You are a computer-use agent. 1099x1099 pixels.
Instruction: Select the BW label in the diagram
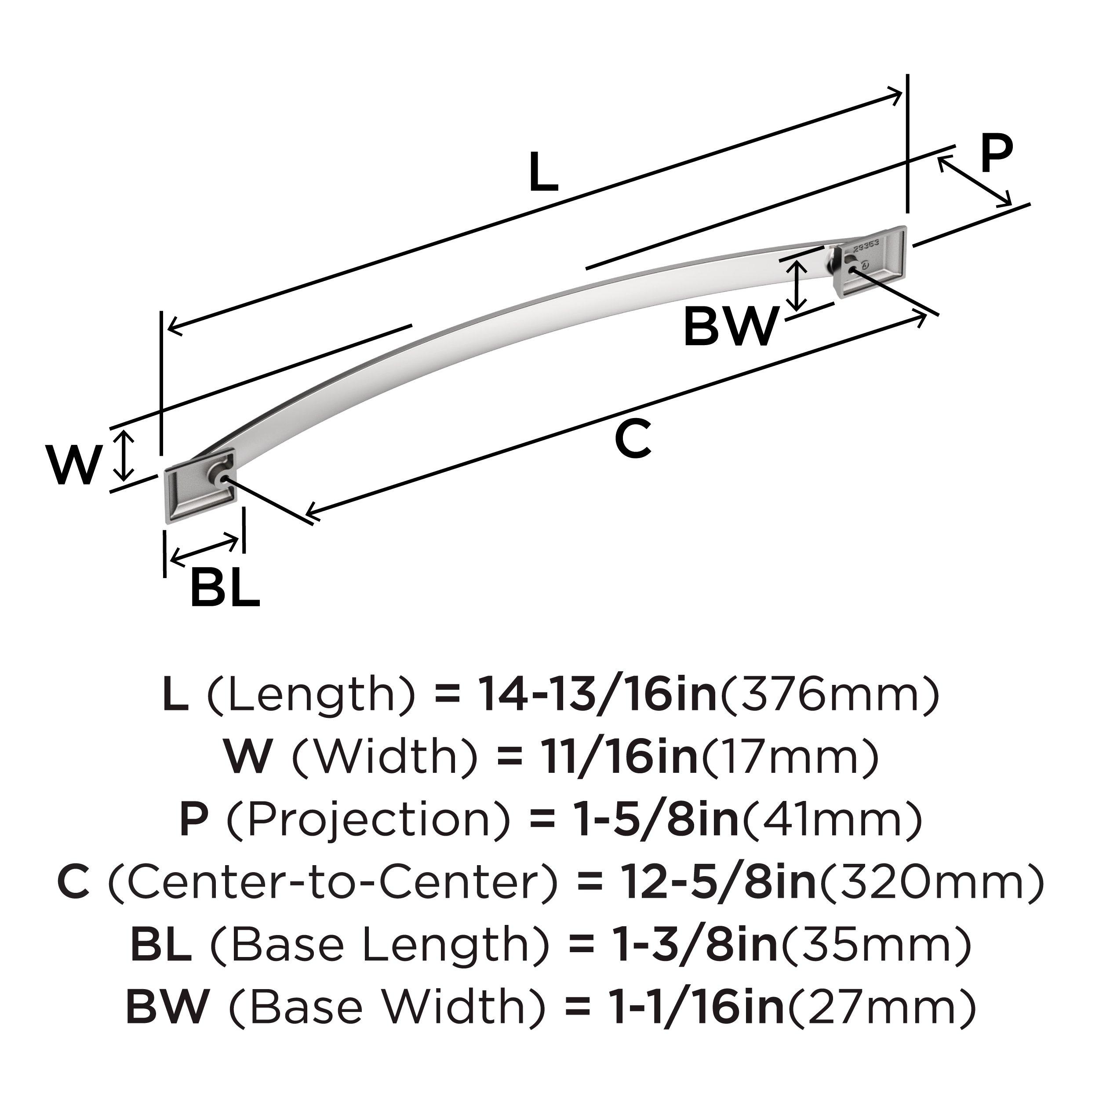[730, 327]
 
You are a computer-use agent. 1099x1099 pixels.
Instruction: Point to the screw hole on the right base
[851, 269]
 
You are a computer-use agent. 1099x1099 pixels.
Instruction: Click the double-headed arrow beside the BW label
[799, 286]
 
